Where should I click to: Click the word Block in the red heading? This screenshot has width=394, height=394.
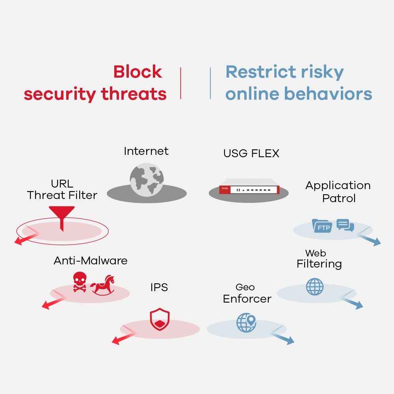pyautogui.click(x=138, y=72)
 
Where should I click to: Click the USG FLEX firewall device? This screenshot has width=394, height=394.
pyautogui.click(x=249, y=190)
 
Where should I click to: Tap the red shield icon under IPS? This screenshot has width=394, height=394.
pyautogui.click(x=160, y=320)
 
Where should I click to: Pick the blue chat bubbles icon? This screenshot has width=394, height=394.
pyautogui.click(x=346, y=225)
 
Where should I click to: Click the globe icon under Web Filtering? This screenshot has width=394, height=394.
pyautogui.click(x=314, y=287)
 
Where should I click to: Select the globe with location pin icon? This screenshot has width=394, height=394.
pyautogui.click(x=246, y=322)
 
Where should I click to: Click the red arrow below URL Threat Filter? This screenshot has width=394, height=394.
pyautogui.click(x=24, y=240)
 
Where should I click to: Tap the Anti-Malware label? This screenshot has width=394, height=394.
pyautogui.click(x=90, y=260)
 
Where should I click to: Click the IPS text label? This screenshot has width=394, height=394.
pyautogui.click(x=159, y=288)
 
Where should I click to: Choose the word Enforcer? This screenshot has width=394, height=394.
pyautogui.click(x=247, y=299)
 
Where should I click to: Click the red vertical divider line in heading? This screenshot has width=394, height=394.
pyautogui.click(x=180, y=83)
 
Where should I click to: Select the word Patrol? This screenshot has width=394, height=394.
pyautogui.click(x=338, y=198)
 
